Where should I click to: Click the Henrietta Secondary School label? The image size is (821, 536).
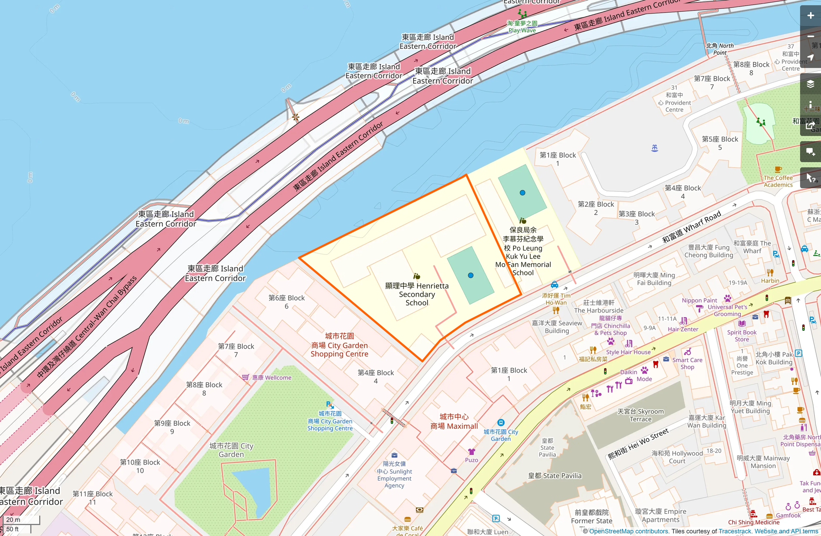417,294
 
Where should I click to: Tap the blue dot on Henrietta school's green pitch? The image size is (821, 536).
471,275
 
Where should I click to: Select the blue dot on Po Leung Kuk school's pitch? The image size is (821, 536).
522,193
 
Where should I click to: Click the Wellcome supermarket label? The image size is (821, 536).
271,378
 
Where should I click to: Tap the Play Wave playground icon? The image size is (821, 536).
522,14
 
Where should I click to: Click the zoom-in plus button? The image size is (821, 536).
810,16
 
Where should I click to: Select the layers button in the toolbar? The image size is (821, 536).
810,84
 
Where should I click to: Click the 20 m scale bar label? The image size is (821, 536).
13,519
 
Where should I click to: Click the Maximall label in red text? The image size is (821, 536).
454,421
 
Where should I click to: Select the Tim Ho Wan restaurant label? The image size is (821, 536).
556,299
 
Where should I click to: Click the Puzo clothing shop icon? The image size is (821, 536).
471,452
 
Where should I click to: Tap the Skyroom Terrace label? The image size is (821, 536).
640,415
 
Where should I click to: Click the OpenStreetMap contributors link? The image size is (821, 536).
628,531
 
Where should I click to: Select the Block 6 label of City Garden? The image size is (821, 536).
286,302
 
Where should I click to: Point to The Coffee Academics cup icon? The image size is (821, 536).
778,170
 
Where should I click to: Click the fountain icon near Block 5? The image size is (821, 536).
655,148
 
